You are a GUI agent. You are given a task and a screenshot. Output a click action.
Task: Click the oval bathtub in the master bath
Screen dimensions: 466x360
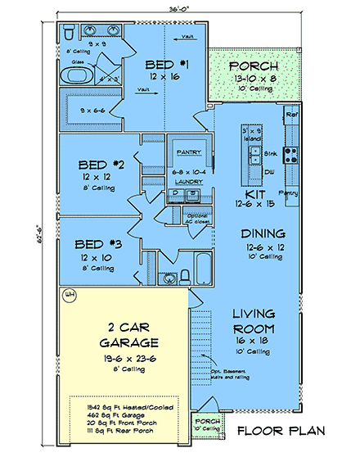pyautogui.click(x=79, y=79)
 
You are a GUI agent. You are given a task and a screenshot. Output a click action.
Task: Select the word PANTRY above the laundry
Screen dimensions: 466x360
pyautogui.click(x=188, y=152)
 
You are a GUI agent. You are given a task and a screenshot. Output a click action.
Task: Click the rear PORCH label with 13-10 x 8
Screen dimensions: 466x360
pyautogui.click(x=253, y=66)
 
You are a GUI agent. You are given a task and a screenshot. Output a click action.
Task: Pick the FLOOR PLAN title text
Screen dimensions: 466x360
pyautogui.click(x=281, y=430)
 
